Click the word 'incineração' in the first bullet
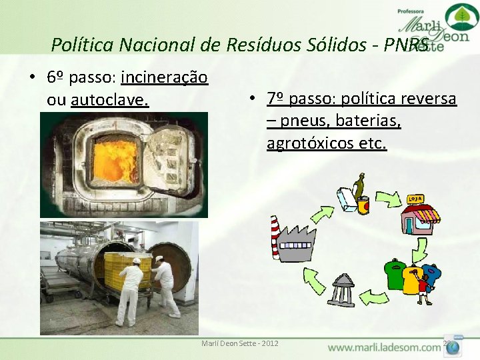[164, 78]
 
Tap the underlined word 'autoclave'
[109, 101]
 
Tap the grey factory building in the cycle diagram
[294, 245]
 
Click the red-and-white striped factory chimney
[274, 237]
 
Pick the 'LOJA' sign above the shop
[414, 199]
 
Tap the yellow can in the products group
[363, 205]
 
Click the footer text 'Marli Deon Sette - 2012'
[240, 344]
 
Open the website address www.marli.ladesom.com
[385, 347]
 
